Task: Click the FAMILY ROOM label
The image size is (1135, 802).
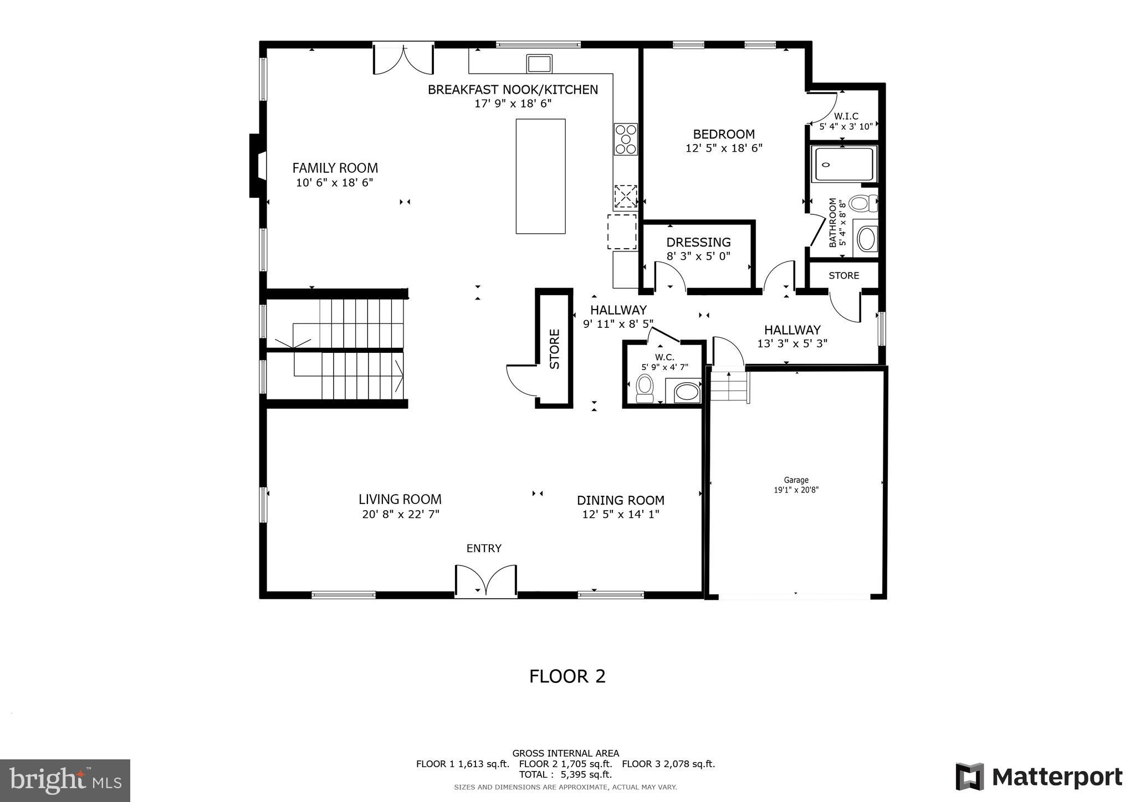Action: pyautogui.click(x=335, y=168)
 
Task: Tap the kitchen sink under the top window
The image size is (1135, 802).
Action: pyautogui.click(x=539, y=63)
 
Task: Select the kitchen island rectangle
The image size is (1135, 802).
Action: pyautogui.click(x=540, y=176)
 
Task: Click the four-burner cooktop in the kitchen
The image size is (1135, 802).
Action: pyautogui.click(x=625, y=139)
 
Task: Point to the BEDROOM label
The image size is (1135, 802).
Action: pyautogui.click(x=724, y=134)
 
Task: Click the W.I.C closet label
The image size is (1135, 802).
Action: pyautogui.click(x=846, y=116)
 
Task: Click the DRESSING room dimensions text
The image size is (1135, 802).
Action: pyautogui.click(x=698, y=256)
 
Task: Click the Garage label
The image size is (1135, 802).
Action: pyautogui.click(x=796, y=480)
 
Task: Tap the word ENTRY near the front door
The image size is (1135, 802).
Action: pyautogui.click(x=484, y=548)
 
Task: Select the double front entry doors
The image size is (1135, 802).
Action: pyautogui.click(x=486, y=582)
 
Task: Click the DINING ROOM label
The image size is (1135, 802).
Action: pyautogui.click(x=620, y=500)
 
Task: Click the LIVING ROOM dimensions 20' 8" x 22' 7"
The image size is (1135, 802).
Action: pyautogui.click(x=400, y=514)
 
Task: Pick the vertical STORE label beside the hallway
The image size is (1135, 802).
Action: pyautogui.click(x=555, y=349)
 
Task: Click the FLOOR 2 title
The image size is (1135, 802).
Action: pyautogui.click(x=567, y=676)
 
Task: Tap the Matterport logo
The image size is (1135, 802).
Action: pyautogui.click(x=1039, y=777)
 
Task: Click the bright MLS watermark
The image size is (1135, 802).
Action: pyautogui.click(x=65, y=780)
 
